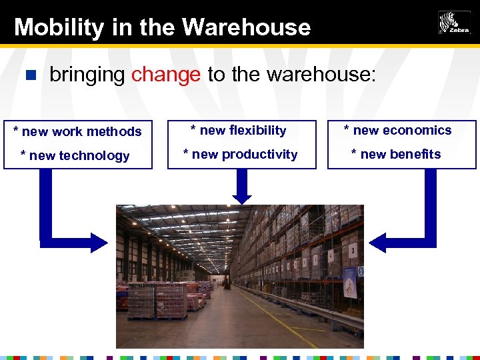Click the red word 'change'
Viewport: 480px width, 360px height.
point(166,75)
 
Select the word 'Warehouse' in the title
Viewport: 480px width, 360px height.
point(246,27)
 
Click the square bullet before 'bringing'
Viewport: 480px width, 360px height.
point(29,75)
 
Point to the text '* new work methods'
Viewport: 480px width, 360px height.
point(77,131)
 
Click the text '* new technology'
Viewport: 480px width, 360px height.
point(75,155)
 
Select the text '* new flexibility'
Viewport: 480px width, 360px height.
point(238,130)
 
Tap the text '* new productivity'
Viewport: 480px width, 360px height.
point(240,154)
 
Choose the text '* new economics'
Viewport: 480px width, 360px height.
point(397,130)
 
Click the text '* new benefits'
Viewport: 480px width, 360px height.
point(396,154)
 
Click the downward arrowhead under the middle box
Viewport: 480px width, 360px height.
point(242,197)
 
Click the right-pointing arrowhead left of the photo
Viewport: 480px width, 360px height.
point(99,242)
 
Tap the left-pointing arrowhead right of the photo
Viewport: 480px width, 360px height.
point(377,242)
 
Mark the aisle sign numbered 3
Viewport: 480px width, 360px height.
point(351,247)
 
